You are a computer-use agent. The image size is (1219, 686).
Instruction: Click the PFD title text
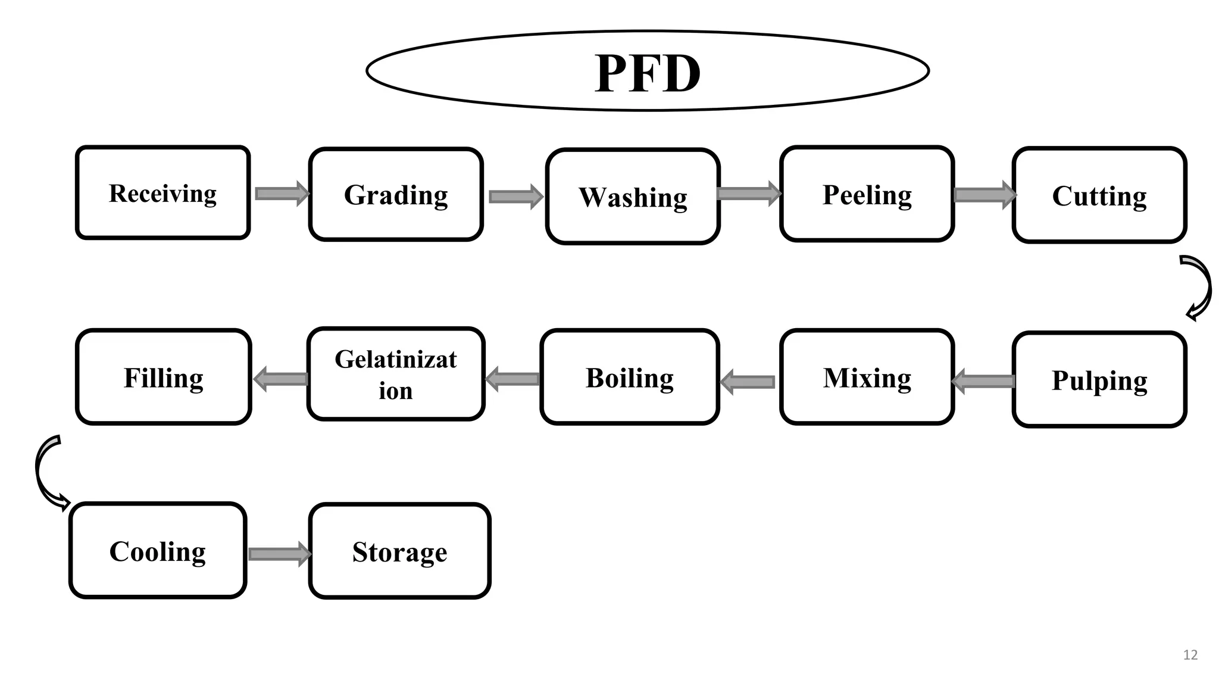(x=648, y=73)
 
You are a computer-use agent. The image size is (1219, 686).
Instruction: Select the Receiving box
(x=162, y=193)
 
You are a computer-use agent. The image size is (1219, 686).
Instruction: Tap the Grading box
(x=396, y=194)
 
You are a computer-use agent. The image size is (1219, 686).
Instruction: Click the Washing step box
(x=633, y=197)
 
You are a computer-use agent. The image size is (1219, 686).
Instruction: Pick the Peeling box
(x=867, y=194)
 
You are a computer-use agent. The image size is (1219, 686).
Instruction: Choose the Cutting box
(x=1099, y=195)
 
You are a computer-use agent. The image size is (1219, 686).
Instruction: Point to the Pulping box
(x=1099, y=380)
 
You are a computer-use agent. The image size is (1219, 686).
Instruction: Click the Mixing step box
(x=867, y=378)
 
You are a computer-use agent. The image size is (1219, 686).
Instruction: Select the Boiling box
(x=630, y=378)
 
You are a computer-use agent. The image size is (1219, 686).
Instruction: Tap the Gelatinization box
(x=396, y=375)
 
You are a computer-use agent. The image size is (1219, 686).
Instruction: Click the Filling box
(x=163, y=378)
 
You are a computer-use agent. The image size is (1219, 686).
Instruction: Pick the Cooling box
(x=158, y=551)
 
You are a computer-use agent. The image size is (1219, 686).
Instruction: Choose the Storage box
(x=399, y=551)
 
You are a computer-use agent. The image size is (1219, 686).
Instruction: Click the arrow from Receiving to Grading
(x=282, y=194)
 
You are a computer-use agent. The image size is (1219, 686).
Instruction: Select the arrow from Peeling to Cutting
(x=984, y=195)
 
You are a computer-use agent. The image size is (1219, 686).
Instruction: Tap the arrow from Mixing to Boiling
(x=748, y=382)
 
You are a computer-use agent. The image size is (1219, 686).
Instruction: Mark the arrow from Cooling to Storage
(x=279, y=554)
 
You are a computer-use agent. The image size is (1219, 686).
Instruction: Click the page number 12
(x=1190, y=655)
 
